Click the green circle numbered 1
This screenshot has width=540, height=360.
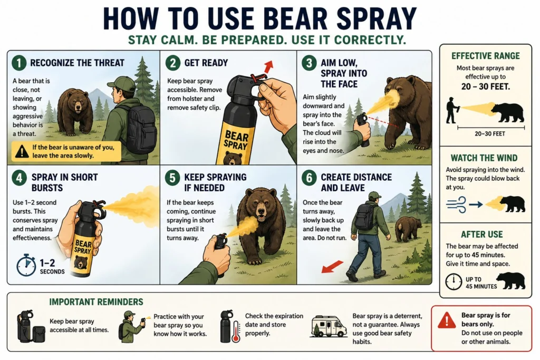coord(18,63)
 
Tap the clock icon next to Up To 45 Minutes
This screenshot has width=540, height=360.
coord(453,281)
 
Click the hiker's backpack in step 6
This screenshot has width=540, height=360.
coord(364,217)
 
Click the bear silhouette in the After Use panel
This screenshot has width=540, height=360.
coord(510,281)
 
